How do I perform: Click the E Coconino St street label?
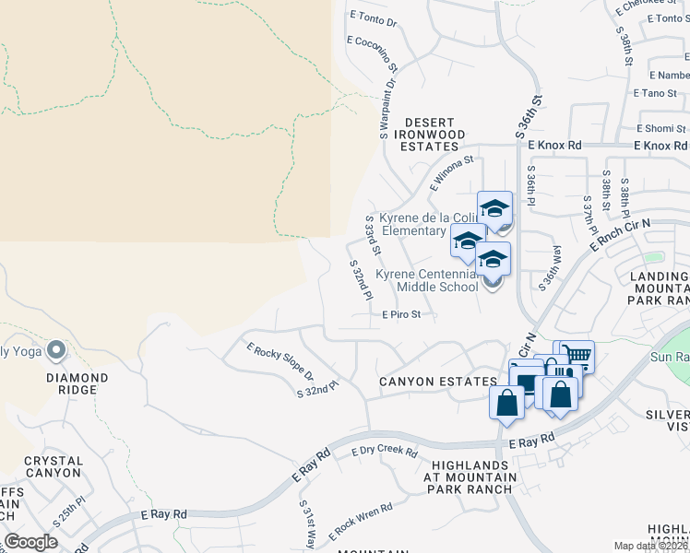point(373,54)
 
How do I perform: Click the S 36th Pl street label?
point(531,185)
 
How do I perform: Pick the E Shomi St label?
point(662,128)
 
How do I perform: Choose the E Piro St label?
point(401,314)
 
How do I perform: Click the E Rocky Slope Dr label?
point(280,362)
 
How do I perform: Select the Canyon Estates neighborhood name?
point(424,382)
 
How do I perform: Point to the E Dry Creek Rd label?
point(385,452)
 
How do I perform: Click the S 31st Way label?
point(307,524)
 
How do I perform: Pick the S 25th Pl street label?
point(69,512)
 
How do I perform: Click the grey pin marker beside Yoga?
point(55,349)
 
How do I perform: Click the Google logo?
point(31,541)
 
